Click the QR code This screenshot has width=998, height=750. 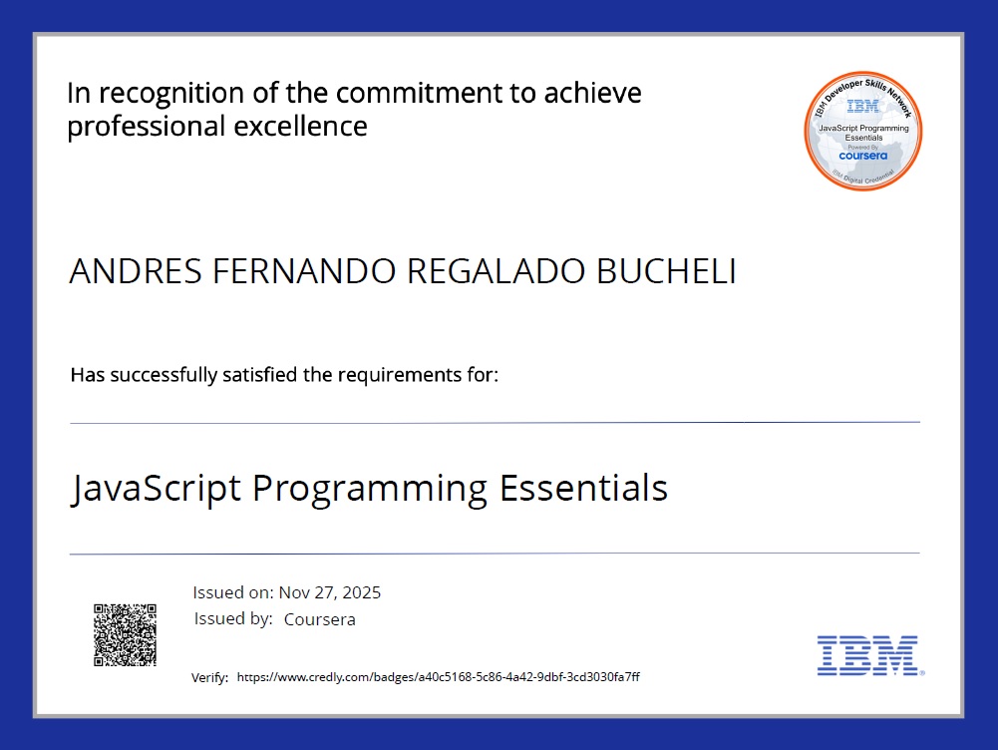[x=125, y=634]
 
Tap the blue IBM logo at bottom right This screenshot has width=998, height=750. [x=867, y=655]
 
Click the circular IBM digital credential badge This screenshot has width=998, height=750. [x=862, y=132]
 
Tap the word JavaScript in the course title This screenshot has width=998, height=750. [x=157, y=489]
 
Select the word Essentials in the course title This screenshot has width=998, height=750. [x=582, y=489]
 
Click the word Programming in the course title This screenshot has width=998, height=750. [x=369, y=489]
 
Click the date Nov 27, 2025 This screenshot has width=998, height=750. [x=329, y=592]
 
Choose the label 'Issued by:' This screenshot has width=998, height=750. [x=233, y=618]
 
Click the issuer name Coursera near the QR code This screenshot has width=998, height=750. [x=319, y=619]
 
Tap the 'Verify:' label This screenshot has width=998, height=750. [x=209, y=678]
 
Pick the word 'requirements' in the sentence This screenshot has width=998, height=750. [x=399, y=376]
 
